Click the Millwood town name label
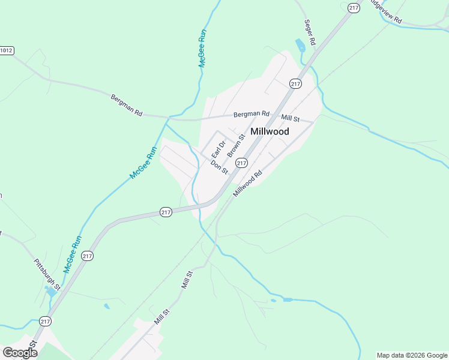[x=270, y=131]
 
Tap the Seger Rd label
[x=310, y=32]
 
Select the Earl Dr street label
[x=218, y=149]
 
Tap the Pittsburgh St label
[x=47, y=274]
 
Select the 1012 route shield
[x=6, y=50]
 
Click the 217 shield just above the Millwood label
[x=295, y=84]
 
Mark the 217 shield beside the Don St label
[x=241, y=163]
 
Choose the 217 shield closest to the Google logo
[x=45, y=322]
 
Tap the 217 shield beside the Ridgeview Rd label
[x=354, y=8]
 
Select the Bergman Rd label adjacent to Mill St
[x=251, y=113]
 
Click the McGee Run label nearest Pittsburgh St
[x=73, y=254]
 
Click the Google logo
[x=20, y=353]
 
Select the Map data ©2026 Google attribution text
[x=411, y=355]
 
